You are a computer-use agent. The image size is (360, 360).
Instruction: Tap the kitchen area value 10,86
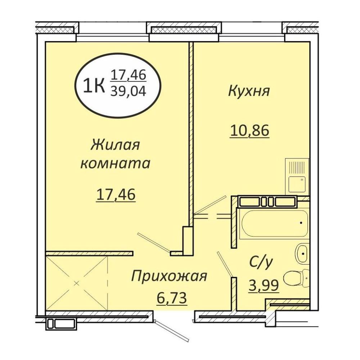click(249, 131)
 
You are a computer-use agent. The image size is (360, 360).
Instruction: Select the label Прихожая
click(169, 276)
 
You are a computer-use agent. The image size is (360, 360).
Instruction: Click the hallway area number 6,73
click(172, 298)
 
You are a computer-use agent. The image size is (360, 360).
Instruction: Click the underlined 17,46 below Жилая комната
click(116, 195)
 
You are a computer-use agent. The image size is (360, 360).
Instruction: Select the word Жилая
click(116, 145)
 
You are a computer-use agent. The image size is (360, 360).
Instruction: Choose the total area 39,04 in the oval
click(128, 92)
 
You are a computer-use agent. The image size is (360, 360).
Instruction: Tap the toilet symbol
click(297, 278)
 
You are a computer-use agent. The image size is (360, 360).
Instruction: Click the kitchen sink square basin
click(297, 184)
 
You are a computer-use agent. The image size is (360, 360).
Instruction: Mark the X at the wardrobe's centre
click(77, 283)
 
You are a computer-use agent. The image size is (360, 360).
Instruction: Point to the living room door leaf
click(154, 242)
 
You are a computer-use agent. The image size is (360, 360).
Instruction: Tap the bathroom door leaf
click(225, 264)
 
